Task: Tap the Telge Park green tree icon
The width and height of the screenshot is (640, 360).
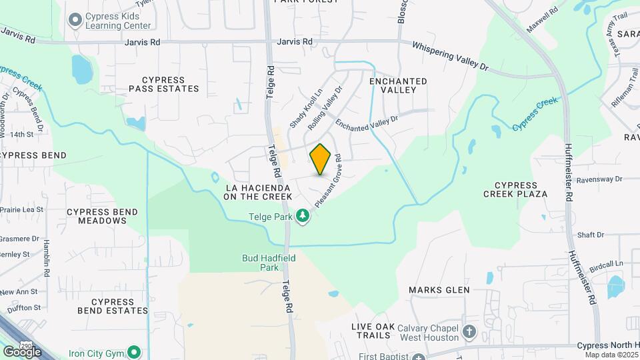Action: [303, 216]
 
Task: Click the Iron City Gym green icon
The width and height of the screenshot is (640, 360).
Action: [135, 351]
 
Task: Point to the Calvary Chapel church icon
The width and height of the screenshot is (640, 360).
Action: [469, 331]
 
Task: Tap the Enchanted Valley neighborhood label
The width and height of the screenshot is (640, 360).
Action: [397, 85]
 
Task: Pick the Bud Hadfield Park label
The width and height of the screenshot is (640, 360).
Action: [260, 262]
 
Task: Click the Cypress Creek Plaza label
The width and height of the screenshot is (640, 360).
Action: [516, 189]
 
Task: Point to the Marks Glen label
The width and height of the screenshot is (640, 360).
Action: [439, 290]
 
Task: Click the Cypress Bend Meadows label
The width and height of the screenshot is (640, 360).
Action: [102, 216]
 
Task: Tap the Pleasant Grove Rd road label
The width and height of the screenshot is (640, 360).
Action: [329, 181]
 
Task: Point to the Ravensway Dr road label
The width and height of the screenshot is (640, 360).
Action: [598, 179]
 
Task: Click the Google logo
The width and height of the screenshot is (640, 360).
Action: [22, 351]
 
